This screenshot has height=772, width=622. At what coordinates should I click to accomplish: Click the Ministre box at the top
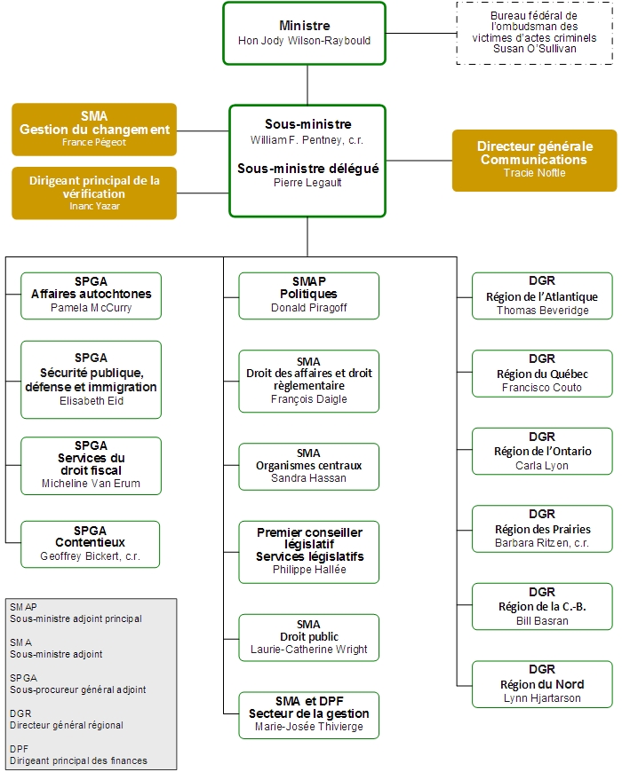tap(304, 33)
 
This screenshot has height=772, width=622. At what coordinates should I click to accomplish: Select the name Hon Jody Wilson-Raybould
tap(304, 41)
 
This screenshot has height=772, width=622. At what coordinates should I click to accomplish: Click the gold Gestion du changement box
tap(94, 130)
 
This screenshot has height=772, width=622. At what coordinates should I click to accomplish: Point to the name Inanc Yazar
tap(94, 206)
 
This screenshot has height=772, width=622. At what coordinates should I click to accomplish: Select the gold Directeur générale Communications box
tap(534, 160)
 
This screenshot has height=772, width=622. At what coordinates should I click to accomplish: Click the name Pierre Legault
tap(307, 183)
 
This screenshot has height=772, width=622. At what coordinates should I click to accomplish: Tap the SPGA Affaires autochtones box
tap(92, 295)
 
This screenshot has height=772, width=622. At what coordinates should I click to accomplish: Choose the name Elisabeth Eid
tap(92, 401)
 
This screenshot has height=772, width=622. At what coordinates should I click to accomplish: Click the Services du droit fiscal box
tap(92, 465)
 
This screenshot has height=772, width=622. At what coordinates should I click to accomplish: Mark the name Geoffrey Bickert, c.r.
tap(92, 557)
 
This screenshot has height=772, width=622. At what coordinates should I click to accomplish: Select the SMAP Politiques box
tap(308, 295)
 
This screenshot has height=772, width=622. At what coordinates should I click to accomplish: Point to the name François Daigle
tap(308, 399)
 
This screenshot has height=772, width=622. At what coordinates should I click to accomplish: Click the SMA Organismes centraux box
tap(308, 466)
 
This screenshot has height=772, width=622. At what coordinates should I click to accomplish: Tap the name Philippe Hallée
tap(308, 570)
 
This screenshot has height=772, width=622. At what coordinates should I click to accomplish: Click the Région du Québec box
tap(542, 373)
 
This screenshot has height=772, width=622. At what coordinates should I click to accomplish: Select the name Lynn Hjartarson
tap(542, 699)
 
